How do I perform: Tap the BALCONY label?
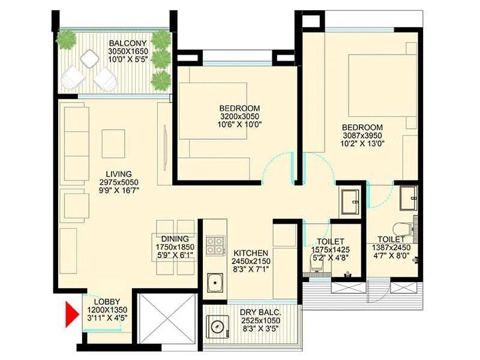[128, 44]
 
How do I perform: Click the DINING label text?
[175, 238]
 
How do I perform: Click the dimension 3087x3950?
[362, 136]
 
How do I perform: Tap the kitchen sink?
[213, 282]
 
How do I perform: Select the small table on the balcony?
[89, 58]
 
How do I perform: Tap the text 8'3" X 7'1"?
[251, 269]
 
